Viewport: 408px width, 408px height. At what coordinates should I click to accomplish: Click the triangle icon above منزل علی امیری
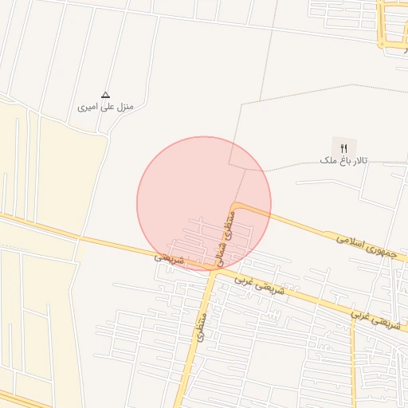pos(106,94)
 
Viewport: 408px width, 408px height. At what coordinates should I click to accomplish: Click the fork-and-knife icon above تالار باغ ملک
pos(344,147)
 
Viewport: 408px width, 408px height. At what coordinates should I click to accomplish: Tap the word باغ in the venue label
pos(340,161)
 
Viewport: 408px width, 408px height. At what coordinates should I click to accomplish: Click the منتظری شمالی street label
pos(226,237)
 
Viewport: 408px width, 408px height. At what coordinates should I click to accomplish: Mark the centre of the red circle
pos(204,203)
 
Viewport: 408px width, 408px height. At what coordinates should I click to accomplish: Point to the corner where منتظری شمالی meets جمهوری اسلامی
pos(237,208)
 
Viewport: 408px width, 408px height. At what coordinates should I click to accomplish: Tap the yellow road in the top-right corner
pos(390,24)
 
